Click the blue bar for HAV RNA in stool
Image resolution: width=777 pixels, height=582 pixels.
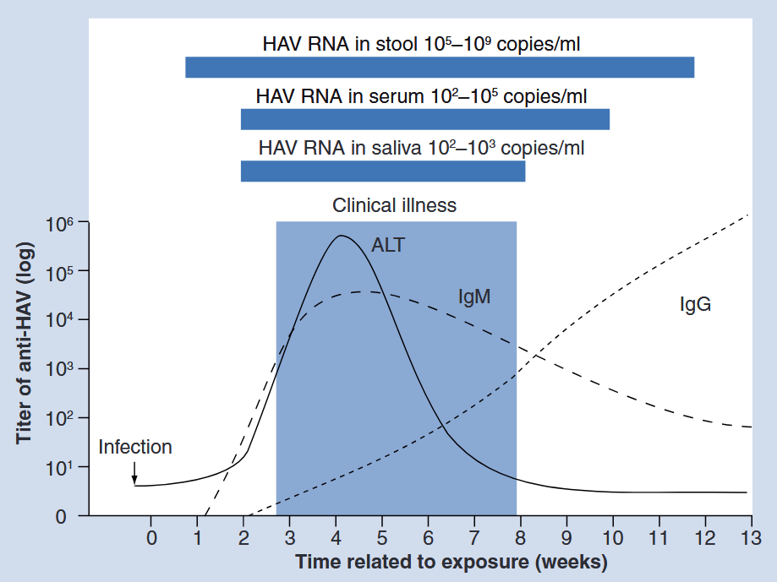[x=440, y=67]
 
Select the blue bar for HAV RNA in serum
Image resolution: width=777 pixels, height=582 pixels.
[x=424, y=119]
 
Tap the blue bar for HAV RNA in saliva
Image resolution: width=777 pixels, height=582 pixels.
[x=382, y=171]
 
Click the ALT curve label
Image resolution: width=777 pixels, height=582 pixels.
[x=388, y=246]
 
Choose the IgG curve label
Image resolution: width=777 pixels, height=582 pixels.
[x=695, y=305]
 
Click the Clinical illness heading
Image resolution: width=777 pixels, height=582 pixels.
[x=394, y=205]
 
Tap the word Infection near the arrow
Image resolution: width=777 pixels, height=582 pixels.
[x=135, y=447]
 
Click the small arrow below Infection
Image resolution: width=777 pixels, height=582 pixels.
[x=134, y=476]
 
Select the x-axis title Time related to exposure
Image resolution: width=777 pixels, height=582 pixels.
[x=451, y=562]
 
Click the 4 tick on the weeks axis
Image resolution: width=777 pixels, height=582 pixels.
[x=336, y=537]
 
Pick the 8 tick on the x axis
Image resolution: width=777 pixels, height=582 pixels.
[x=520, y=537]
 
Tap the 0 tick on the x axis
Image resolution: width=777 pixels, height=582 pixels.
[x=151, y=537]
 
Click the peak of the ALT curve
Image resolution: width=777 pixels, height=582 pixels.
[x=342, y=236]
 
